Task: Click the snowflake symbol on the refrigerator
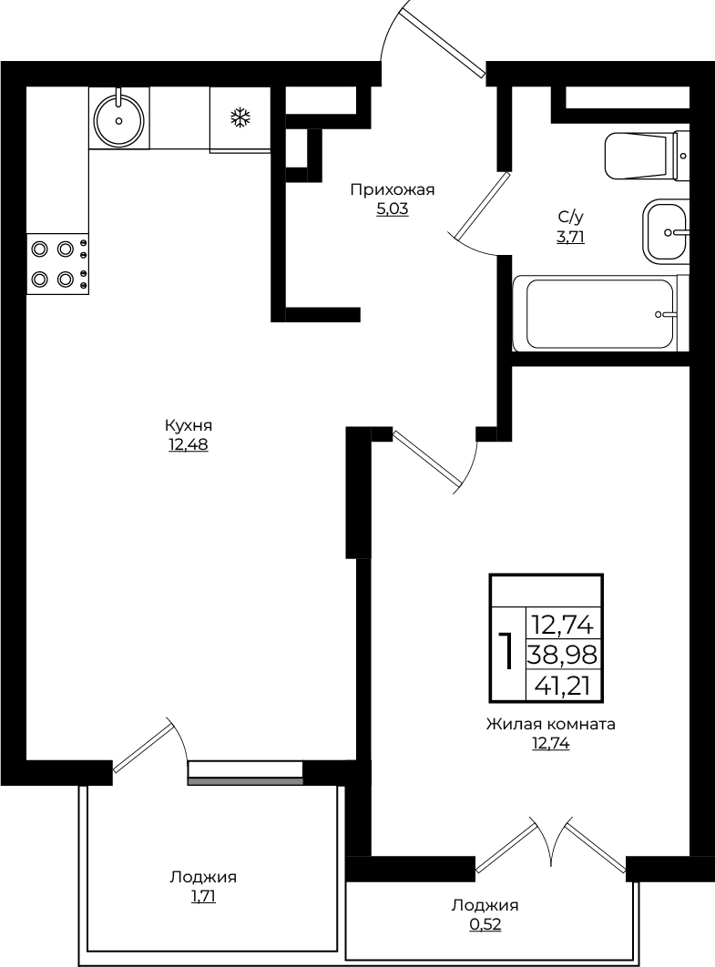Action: (240, 117)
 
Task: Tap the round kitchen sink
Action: (119, 118)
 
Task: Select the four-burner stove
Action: (57, 264)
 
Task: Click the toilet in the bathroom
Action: (646, 156)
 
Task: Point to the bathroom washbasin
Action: (665, 231)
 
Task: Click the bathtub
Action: (600, 313)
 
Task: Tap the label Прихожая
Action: (393, 190)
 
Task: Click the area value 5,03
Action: (393, 209)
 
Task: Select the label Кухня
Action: (189, 425)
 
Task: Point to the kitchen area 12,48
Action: (189, 444)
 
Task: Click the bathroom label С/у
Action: (571, 217)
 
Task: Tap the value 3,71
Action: (571, 237)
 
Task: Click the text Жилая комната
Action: (551, 724)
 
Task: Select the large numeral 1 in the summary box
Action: (507, 650)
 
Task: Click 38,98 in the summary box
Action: (562, 653)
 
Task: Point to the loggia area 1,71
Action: (204, 896)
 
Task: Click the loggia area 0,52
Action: (485, 924)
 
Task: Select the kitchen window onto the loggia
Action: (246, 773)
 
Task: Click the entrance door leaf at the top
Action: (443, 41)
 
